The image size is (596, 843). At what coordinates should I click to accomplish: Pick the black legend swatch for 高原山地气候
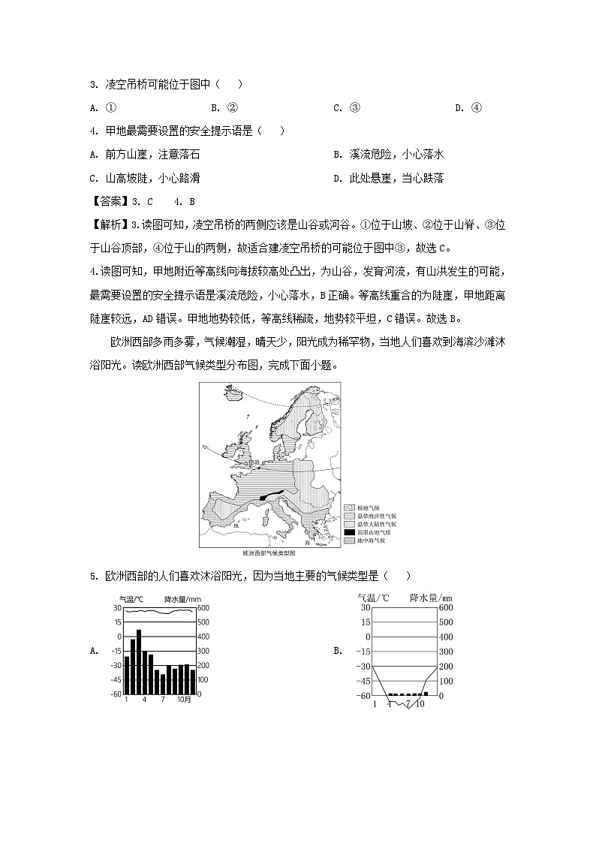point(349,532)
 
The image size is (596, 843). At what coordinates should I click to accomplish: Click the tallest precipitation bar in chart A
point(139,662)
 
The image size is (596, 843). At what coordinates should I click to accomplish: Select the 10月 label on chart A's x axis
point(184,700)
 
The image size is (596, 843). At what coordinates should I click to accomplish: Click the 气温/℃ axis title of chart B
point(375,598)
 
